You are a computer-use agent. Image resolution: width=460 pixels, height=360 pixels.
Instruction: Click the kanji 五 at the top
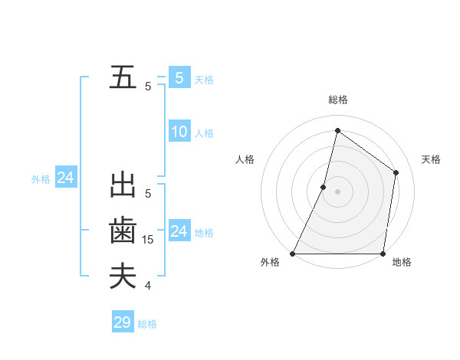pyautogui.click(x=123, y=78)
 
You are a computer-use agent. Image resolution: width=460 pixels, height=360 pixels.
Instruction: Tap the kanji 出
pyautogui.click(x=123, y=186)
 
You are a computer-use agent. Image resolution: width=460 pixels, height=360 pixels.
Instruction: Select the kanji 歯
pyautogui.click(x=123, y=231)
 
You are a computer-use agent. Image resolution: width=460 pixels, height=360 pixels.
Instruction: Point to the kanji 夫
pyautogui.click(x=123, y=276)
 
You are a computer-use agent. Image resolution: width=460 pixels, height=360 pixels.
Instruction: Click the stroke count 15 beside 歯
pyautogui.click(x=148, y=240)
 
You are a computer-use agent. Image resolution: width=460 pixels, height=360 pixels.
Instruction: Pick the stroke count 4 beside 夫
pyautogui.click(x=148, y=286)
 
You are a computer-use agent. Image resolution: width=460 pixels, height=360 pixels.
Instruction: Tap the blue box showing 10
pyautogui.click(x=179, y=132)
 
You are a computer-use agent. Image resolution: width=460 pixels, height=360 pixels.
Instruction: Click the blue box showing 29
pyautogui.click(x=123, y=322)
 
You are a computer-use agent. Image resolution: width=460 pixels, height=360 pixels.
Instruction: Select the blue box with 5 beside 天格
pyautogui.click(x=179, y=77)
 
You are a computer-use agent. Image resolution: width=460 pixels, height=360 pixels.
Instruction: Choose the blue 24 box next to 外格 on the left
pyautogui.click(x=66, y=178)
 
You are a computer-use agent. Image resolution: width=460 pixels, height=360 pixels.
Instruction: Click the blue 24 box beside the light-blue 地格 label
pyautogui.click(x=179, y=231)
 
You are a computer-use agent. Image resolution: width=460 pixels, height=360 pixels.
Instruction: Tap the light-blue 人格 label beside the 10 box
pyautogui.click(x=204, y=133)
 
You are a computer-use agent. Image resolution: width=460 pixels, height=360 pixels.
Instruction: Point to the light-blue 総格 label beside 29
pyautogui.click(x=147, y=324)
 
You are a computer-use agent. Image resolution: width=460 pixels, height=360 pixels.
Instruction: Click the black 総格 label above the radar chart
pyautogui.click(x=338, y=100)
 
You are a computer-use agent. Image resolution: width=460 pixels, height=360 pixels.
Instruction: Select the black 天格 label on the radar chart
pyautogui.click(x=432, y=159)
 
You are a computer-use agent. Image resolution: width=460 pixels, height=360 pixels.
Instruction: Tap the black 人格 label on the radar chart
pyautogui.click(x=245, y=159)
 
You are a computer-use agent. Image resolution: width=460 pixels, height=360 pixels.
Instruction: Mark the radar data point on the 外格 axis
pyautogui.click(x=293, y=254)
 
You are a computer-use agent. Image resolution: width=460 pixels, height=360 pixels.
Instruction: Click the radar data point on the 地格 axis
pyautogui.click(x=383, y=254)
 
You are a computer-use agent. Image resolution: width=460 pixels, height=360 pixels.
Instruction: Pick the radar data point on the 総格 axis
pyautogui.click(x=337, y=131)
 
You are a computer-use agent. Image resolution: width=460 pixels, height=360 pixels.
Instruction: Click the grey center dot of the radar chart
pyautogui.click(x=338, y=191)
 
